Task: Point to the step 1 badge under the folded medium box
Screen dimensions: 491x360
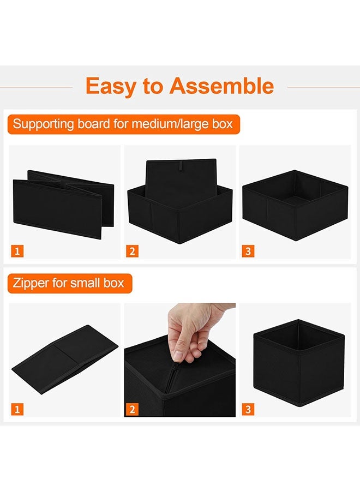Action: pos(17,252)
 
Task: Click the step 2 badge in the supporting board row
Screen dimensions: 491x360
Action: pos(133,252)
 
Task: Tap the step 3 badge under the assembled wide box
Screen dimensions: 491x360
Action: pos(248,252)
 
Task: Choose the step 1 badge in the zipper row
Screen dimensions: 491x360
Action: pos(17,409)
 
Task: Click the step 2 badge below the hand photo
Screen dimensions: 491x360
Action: pos(133,409)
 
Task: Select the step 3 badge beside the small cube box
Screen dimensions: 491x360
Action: pos(248,409)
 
